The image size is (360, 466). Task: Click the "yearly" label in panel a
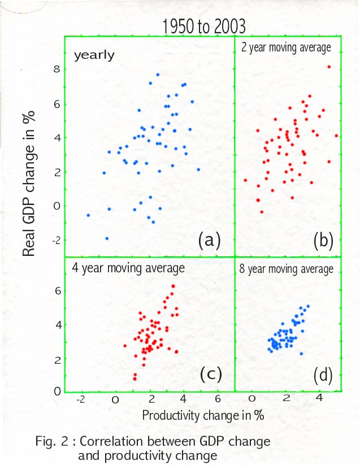[x=94, y=55]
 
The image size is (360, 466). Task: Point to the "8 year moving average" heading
[x=290, y=268]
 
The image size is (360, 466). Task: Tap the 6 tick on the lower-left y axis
[x=57, y=290]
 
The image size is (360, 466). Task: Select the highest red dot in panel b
[x=329, y=67]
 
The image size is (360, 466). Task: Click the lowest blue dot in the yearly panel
[x=107, y=238]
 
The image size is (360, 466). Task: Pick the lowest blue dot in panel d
[x=301, y=354]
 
